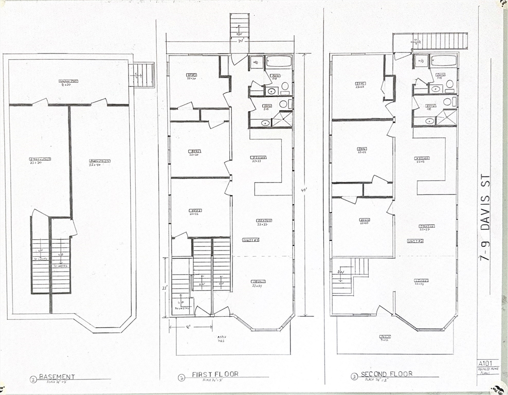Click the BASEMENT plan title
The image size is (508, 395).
click(x=57, y=376)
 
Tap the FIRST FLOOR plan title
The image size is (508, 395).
click(x=215, y=374)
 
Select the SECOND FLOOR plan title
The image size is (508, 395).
click(x=387, y=374)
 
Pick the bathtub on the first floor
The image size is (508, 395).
click(x=279, y=62)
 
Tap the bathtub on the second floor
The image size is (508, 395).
click(x=444, y=61)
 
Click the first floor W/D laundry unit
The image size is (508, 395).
click(x=257, y=62)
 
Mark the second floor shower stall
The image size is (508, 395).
click(x=446, y=118)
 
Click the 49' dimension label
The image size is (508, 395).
click(x=304, y=189)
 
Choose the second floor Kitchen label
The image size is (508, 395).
click(x=423, y=159)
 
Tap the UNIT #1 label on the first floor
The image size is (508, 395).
click(x=251, y=240)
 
